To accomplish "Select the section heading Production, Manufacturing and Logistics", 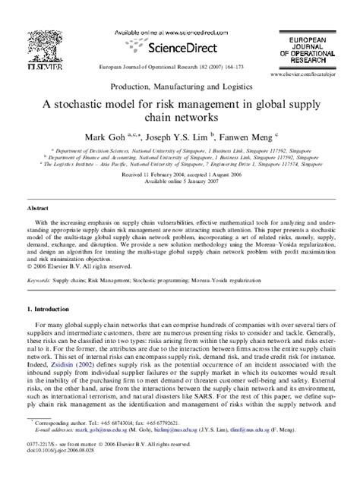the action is coord(180,89).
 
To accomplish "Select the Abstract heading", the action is coord(39,206).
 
